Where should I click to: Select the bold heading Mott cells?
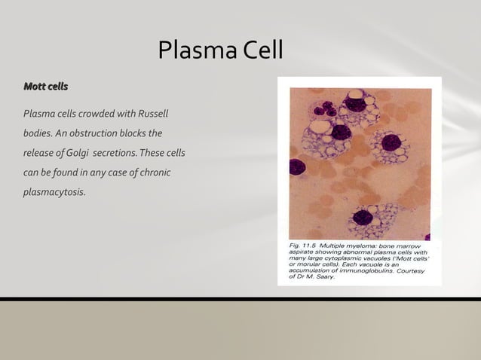coord(46,87)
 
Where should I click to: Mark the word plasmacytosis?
coord(54,192)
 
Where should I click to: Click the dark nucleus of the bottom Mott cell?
coord(364,218)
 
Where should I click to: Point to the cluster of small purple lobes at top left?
coord(325,106)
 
